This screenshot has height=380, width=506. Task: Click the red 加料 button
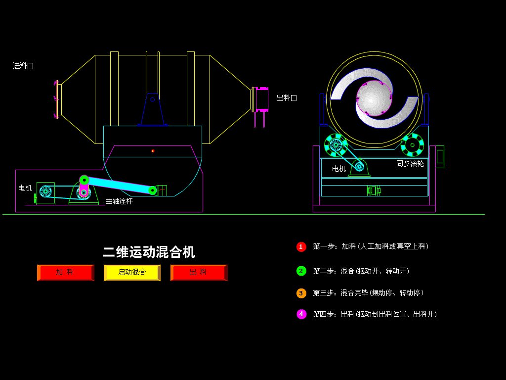point(66,273)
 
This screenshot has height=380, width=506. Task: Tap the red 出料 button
point(199,273)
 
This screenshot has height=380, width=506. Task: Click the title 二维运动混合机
point(149,252)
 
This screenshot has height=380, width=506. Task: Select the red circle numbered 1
point(301,247)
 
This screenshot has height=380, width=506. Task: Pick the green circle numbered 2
point(301,271)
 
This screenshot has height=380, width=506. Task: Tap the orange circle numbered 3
point(301,293)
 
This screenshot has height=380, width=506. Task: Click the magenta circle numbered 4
point(301,314)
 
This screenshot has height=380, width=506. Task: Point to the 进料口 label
point(23,66)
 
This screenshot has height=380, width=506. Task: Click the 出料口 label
point(287,98)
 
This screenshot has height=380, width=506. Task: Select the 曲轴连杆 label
point(119,201)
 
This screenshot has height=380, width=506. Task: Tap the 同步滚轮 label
point(410,163)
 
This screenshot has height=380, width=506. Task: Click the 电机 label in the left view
point(25,188)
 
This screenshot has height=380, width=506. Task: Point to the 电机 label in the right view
point(339,169)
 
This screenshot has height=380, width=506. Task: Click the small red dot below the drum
point(153,151)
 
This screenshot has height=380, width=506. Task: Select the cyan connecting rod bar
point(119,185)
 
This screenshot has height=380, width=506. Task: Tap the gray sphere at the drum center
point(374,98)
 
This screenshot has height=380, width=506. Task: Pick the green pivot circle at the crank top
point(84,180)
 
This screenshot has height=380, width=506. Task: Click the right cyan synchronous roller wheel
point(412,145)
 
